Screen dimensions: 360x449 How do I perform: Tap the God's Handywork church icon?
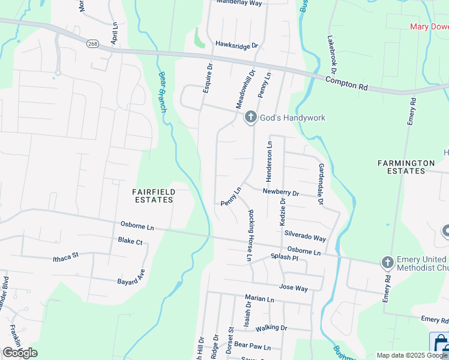[251, 118]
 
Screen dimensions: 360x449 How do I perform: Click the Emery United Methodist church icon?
[387, 262]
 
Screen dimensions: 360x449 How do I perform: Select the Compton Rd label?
[347, 83]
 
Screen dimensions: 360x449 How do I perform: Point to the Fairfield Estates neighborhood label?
[154, 196]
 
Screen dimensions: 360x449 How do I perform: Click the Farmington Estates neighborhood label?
[406, 167]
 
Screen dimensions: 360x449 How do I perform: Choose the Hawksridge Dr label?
[236, 45]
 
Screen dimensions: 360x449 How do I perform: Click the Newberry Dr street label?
[280, 193]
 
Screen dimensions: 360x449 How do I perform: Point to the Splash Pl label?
[284, 257]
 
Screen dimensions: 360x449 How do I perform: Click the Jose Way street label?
[293, 289]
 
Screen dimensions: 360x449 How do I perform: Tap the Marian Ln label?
[259, 298]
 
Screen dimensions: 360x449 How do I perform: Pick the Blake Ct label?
[130, 241]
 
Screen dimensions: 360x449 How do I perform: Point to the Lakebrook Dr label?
[331, 50]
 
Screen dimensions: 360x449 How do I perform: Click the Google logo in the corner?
[20, 353]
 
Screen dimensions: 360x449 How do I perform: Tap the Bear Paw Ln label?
[253, 346]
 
